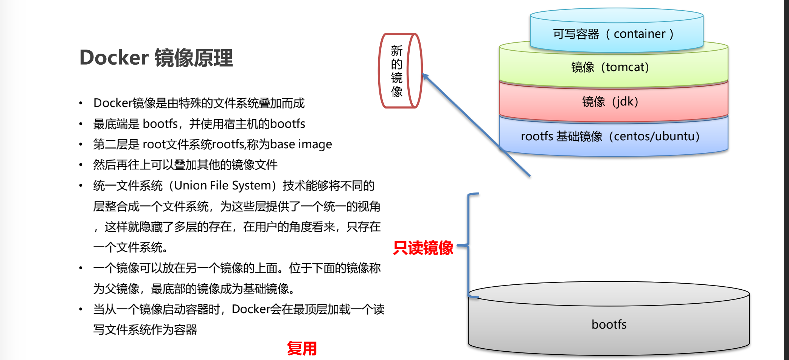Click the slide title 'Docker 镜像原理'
pyautogui.click(x=156, y=58)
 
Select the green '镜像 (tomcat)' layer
pyautogui.click(x=613, y=67)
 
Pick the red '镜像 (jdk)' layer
pyautogui.click(x=613, y=102)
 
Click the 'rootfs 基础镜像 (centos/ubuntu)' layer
pyautogui.click(x=613, y=137)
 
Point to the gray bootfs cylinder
pyautogui.click(x=609, y=324)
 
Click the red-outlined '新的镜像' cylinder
pyautogui.click(x=400, y=71)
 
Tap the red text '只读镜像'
pyautogui.click(x=423, y=248)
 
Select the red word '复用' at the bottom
pyautogui.click(x=301, y=348)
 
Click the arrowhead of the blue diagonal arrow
pyautogui.click(x=425, y=76)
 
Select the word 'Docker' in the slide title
pyautogui.click(x=114, y=58)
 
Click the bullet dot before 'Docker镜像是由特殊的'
pyautogui.click(x=81, y=103)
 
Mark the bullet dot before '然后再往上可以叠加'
pyautogui.click(x=81, y=165)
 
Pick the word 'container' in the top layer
pyautogui.click(x=639, y=34)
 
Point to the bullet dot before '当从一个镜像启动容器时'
pyautogui.click(x=81, y=309)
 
